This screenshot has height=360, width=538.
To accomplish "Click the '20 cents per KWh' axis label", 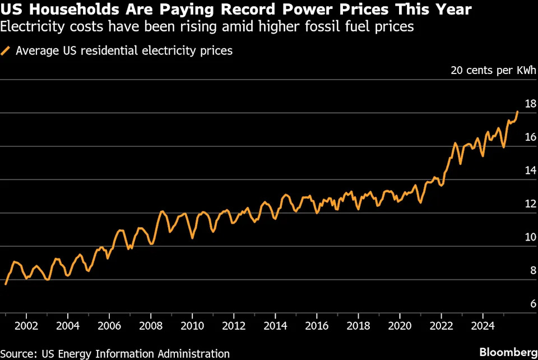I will point(494,71).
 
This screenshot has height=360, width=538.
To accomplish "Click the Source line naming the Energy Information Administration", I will point(115,353).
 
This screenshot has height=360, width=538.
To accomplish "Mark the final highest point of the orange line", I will point(518,112).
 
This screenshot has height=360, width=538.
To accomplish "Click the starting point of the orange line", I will point(5,284).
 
